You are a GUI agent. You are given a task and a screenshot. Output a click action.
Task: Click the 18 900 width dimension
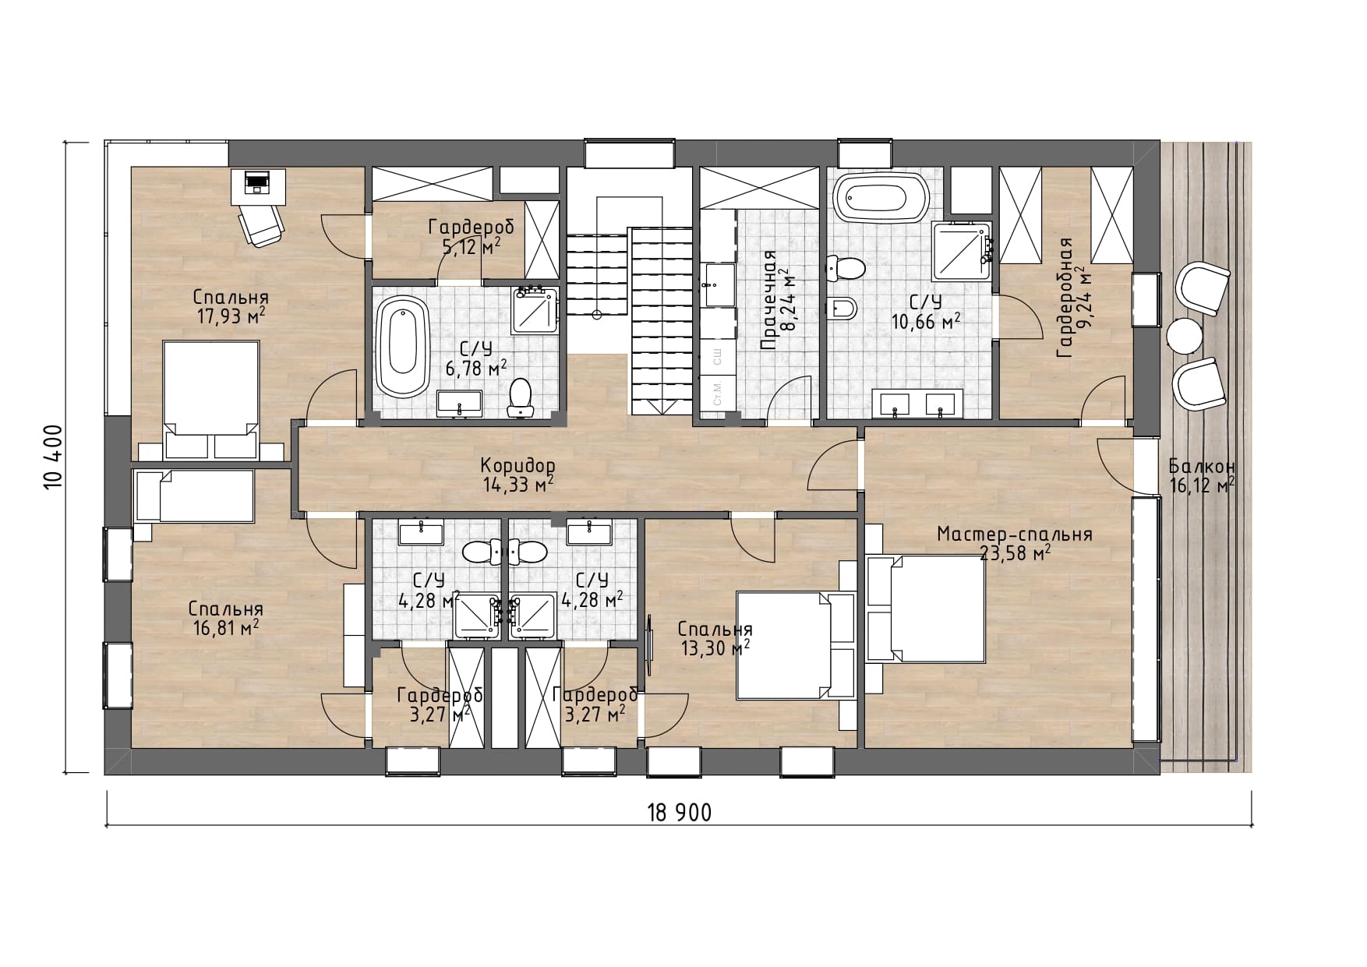tap(679, 813)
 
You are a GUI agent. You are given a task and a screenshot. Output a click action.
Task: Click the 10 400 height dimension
tap(53, 457)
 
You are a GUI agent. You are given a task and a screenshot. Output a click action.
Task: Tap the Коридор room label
tap(517, 465)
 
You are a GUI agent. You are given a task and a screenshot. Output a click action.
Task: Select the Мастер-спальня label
tap(1014, 535)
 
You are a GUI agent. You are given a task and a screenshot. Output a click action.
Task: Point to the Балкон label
tap(1202, 467)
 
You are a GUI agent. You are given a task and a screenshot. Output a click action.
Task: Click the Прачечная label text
tap(769, 301)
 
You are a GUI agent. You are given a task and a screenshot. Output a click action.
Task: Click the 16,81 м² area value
tap(227, 628)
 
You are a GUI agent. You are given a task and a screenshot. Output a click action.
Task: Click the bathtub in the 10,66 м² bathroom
tap(882, 197)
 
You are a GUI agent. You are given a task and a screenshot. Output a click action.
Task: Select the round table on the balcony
tap(1184, 337)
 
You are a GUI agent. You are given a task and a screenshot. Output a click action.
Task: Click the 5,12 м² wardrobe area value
tap(471, 247)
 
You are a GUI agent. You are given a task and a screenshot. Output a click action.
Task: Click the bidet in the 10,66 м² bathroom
tap(842, 309)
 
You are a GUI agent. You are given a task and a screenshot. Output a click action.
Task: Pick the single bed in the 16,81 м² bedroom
tap(195, 496)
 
